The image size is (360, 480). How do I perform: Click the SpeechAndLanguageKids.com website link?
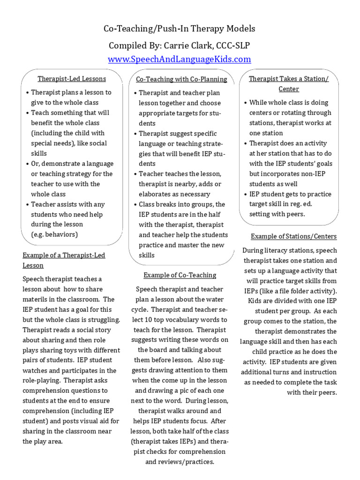[x=180, y=60]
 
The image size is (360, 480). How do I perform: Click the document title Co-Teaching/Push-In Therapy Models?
[x=180, y=29]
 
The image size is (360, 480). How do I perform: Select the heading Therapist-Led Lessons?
[x=72, y=79]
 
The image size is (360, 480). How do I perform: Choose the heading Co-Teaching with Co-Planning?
[x=181, y=80]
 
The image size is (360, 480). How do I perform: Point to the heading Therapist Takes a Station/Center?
[x=288, y=83]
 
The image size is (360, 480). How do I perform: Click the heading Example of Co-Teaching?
[x=180, y=275]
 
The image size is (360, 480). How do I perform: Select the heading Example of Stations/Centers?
[x=293, y=236]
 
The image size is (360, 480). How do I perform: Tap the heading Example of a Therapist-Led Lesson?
[x=64, y=260]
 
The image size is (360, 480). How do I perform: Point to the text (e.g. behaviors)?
[x=54, y=234]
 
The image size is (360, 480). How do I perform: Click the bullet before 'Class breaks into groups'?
[x=135, y=205]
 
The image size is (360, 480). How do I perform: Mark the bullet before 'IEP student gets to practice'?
[x=245, y=195]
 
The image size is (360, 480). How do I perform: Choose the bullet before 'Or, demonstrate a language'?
[x=28, y=164]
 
